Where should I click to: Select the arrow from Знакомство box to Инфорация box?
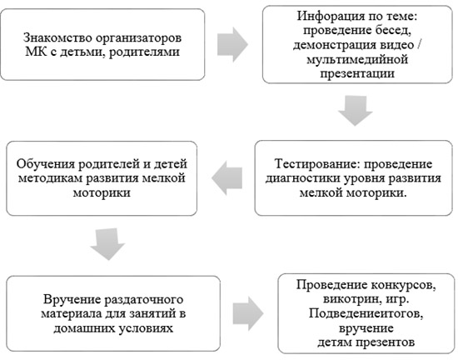232,44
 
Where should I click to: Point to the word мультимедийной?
357,59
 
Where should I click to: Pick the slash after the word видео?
420,45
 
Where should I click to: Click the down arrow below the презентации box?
356,111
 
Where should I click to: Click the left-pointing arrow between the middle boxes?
227,178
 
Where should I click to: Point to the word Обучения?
45,163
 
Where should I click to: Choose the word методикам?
51,178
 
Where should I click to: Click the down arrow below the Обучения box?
107,244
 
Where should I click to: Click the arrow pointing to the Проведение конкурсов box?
248,313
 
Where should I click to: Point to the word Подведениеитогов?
366,314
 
